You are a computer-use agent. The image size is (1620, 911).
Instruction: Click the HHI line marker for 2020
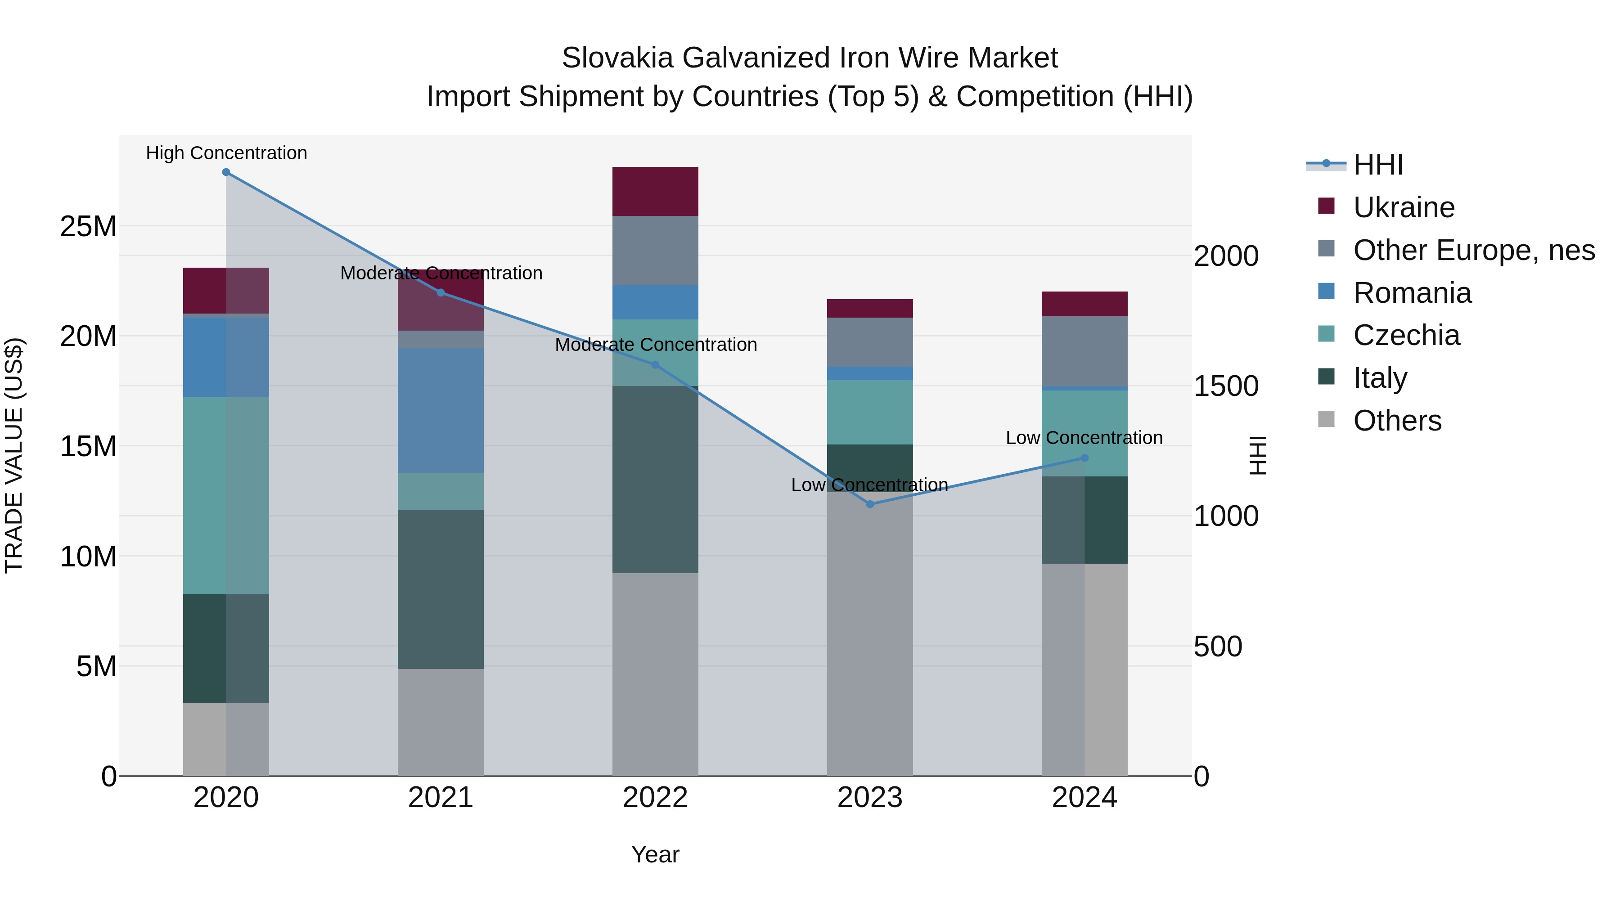(x=226, y=172)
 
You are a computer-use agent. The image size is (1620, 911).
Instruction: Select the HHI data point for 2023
(x=870, y=504)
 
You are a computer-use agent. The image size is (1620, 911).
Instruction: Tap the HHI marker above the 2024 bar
(x=1084, y=458)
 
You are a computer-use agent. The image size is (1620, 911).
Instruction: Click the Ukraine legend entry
(x=1403, y=207)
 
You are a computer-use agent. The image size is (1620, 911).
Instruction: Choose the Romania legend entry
(x=1412, y=293)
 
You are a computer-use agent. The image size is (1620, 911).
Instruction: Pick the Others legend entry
(x=1397, y=421)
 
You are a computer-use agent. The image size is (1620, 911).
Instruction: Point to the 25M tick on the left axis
(x=88, y=226)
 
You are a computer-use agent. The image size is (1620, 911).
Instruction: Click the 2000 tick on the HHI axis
(x=1226, y=256)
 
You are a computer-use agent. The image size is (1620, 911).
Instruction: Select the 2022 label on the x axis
(x=655, y=798)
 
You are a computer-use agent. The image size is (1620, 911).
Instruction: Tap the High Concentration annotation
(x=226, y=153)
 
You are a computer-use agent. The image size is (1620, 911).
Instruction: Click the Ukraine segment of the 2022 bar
(x=655, y=192)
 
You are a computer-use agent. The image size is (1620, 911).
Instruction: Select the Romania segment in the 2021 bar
(x=440, y=410)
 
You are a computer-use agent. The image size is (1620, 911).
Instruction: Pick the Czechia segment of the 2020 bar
(x=226, y=495)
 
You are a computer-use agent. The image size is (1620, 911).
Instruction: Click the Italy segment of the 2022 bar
(x=655, y=479)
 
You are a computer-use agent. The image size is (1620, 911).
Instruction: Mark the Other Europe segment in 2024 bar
(x=1084, y=351)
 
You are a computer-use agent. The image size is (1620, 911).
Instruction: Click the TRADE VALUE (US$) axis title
(x=14, y=455)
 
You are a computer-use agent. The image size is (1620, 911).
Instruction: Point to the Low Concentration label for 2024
(x=1084, y=438)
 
